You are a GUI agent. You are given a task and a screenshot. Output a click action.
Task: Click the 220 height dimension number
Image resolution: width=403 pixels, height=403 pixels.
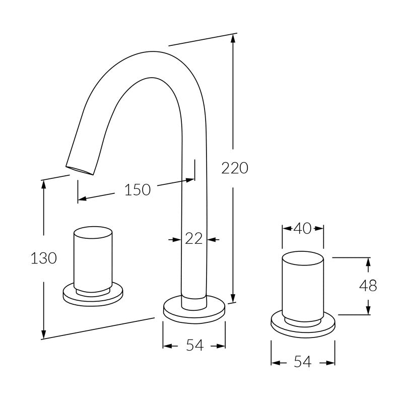pos(235,168)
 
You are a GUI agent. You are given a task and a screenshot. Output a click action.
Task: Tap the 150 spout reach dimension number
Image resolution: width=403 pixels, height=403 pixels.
pos(138,190)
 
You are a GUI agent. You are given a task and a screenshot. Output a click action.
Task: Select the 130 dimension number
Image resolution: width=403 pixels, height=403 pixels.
pos(44,258)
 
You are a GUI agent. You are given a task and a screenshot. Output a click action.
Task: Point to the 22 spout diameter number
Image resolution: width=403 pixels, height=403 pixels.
pos(194,239)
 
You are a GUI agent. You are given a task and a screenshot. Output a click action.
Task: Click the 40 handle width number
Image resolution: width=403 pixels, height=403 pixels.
pos(302,228)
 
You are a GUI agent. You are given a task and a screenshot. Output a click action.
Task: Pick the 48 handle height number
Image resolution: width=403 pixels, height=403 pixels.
pos(368,285)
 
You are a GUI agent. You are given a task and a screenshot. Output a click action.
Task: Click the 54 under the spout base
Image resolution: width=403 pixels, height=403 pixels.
pos(195,345)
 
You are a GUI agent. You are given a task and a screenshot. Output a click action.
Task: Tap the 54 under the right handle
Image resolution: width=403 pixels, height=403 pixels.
pos(303,362)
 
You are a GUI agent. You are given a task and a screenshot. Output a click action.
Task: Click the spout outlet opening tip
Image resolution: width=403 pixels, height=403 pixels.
pos(80,170)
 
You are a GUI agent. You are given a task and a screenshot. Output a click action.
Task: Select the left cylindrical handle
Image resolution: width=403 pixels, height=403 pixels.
pos(93,259)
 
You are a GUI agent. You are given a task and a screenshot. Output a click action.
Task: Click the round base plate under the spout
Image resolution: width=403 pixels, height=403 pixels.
pos(194,309)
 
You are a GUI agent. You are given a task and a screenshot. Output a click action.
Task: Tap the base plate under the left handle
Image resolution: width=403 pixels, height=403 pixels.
pos(93,295)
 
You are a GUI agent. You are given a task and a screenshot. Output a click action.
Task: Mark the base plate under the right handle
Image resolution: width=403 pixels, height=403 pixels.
pos(303,324)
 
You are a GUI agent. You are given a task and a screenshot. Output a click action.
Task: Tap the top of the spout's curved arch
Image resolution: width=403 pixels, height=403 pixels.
pos(153,51)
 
